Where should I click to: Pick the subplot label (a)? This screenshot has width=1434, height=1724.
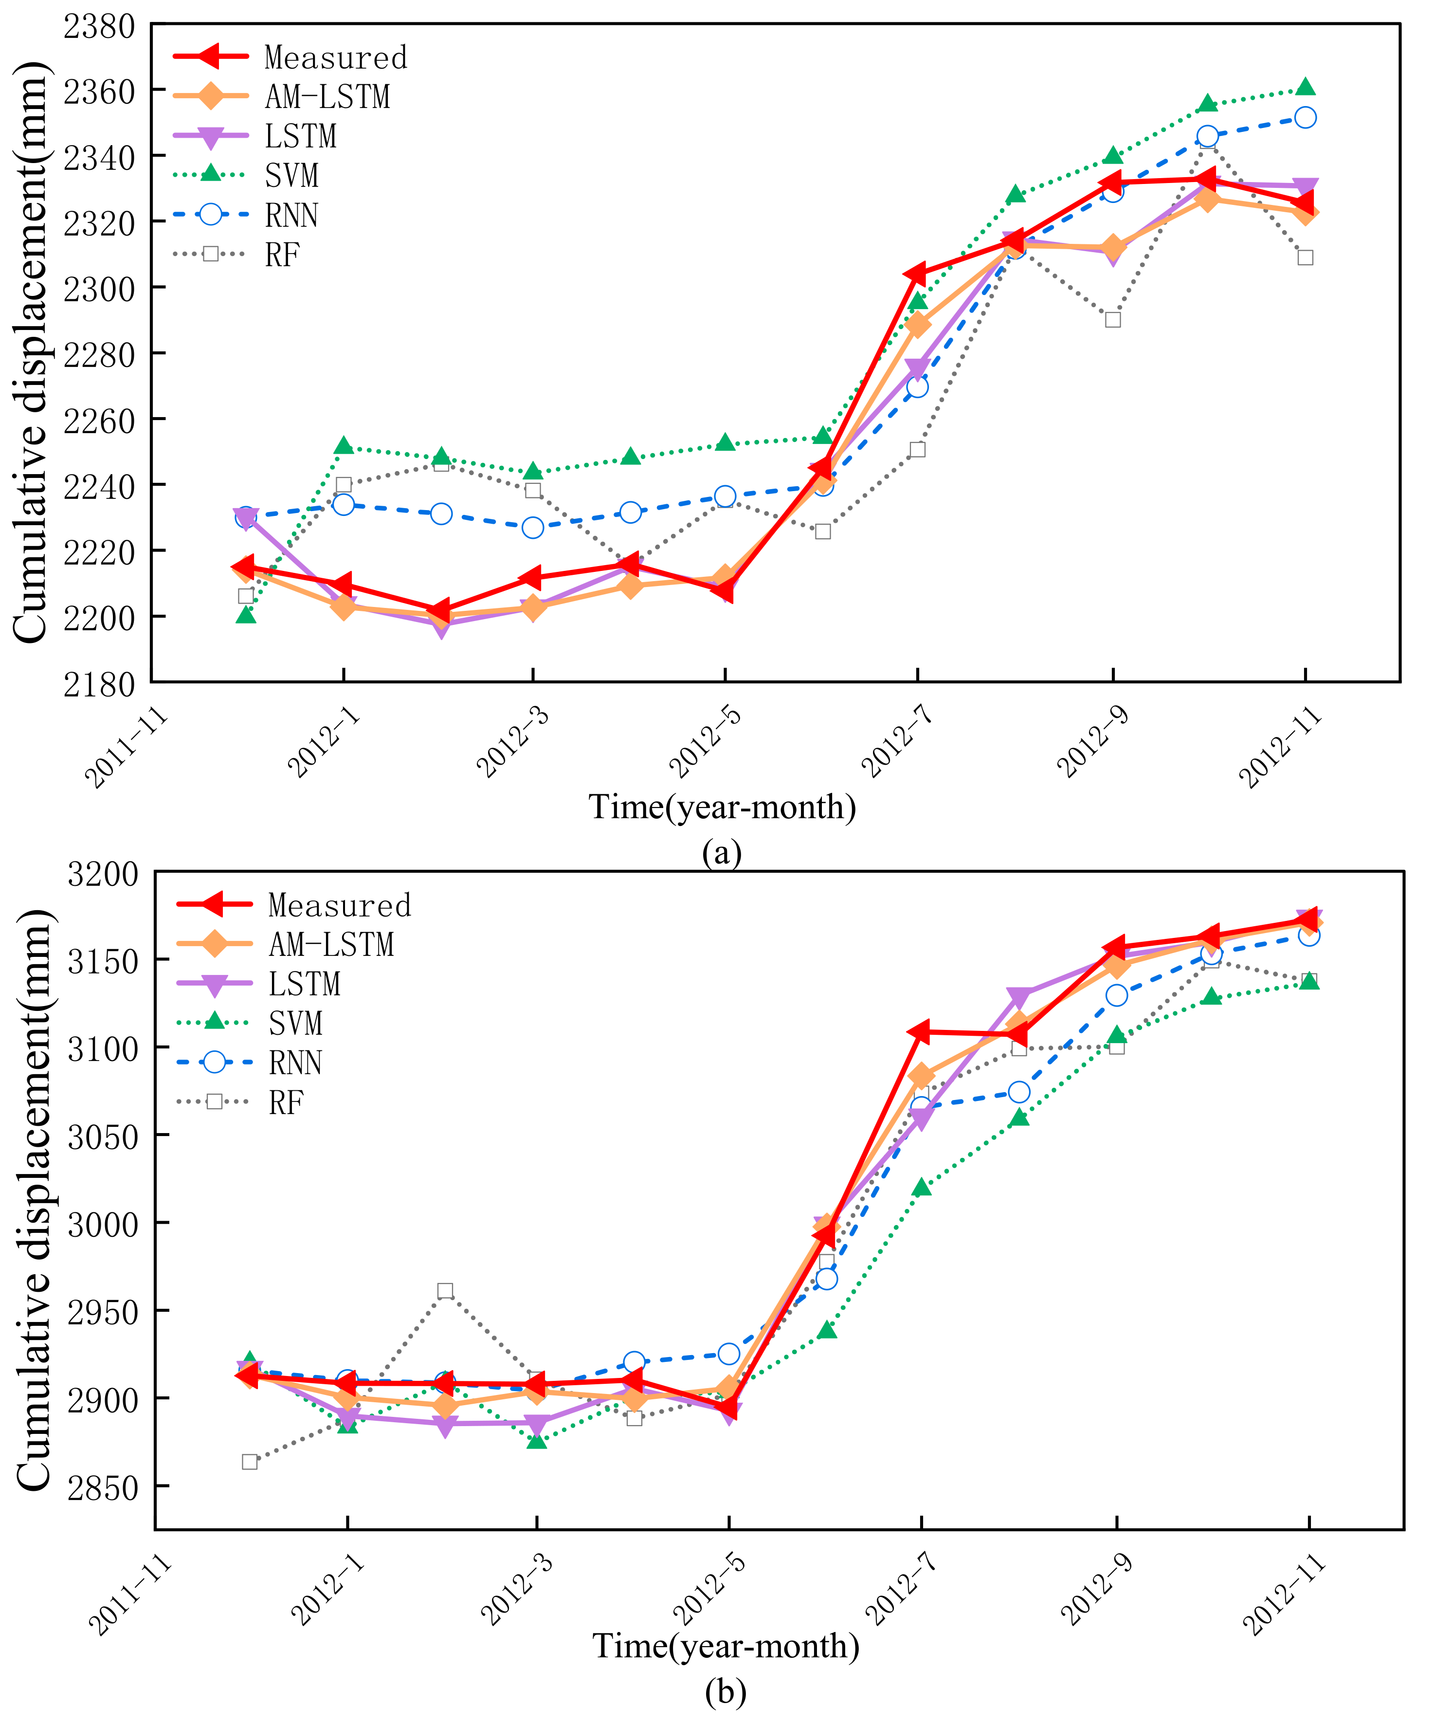(x=722, y=854)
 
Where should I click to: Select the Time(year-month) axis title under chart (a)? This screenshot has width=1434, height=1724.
(x=722, y=807)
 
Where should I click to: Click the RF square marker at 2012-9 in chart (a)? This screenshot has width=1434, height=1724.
(x=1112, y=319)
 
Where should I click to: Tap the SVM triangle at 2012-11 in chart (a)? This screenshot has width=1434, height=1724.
(x=1305, y=88)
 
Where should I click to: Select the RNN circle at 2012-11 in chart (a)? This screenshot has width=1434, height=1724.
(x=1305, y=117)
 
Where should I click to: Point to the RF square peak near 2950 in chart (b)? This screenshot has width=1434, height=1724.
(x=445, y=1290)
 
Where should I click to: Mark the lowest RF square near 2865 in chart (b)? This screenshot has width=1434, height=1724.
(x=250, y=1461)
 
